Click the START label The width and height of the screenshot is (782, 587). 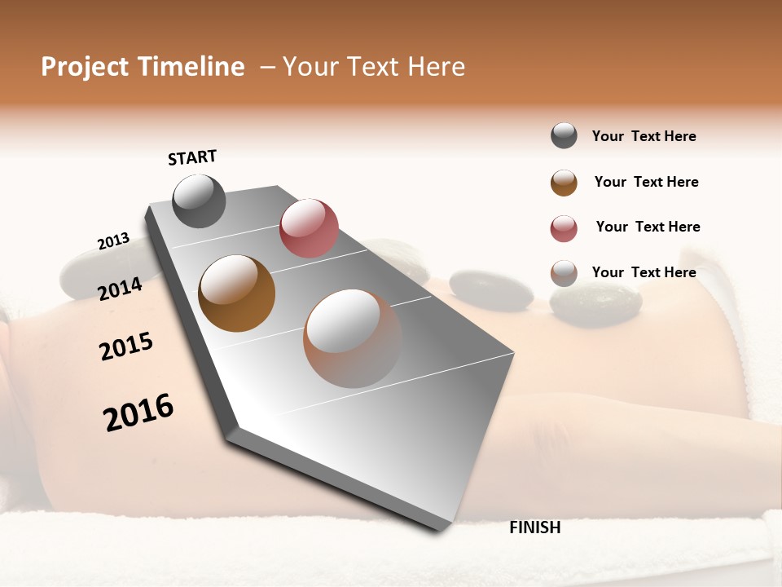point(192,157)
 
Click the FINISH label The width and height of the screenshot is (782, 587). point(534,527)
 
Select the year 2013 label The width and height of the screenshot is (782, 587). point(113,241)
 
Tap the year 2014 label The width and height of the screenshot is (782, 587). point(121,289)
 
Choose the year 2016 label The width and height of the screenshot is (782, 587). point(138,413)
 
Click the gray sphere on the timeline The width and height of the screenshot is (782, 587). point(199,201)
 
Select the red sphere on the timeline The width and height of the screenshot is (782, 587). point(309,227)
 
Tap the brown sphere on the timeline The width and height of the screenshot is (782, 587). point(236,293)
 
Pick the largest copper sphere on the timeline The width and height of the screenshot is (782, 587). point(352,338)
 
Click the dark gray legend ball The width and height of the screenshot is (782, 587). point(564,136)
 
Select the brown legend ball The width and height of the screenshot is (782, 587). point(564,183)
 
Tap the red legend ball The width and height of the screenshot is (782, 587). point(564,228)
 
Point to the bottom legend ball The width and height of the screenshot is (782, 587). point(564,274)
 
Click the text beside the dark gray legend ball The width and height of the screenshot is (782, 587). point(644,136)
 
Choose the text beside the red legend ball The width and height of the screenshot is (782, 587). point(648,227)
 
